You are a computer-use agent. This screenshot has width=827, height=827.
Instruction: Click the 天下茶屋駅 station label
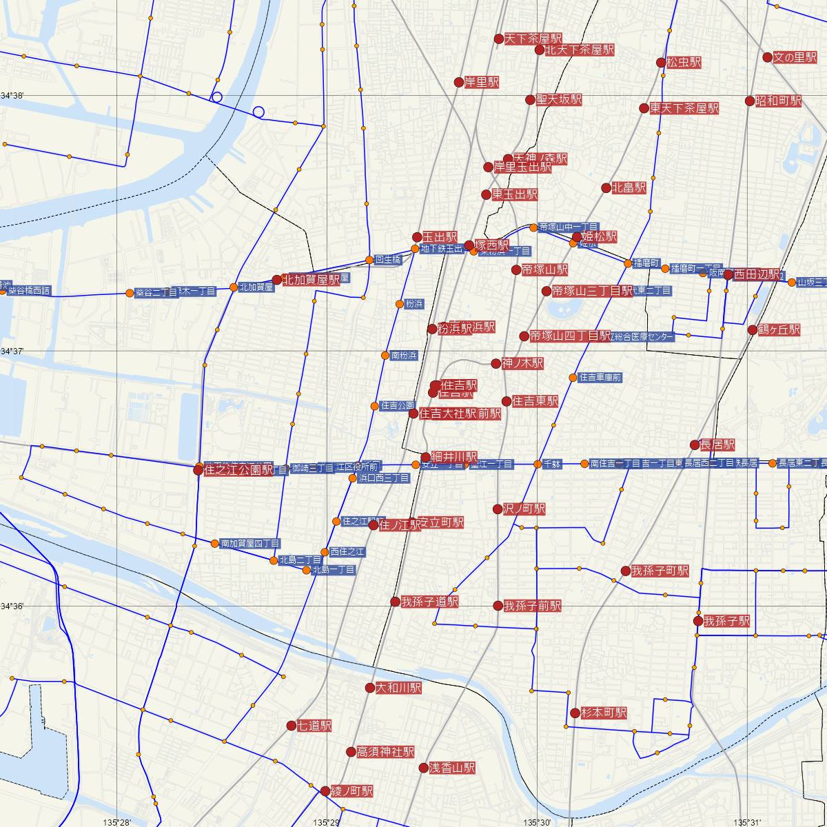(x=533, y=39)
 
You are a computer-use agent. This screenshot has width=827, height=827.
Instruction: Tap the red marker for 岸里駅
(x=459, y=83)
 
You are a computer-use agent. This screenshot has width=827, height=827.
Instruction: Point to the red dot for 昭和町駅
(x=750, y=101)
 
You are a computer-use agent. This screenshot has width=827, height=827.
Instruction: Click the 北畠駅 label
(x=629, y=187)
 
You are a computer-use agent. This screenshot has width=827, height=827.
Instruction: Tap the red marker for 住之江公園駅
(x=198, y=471)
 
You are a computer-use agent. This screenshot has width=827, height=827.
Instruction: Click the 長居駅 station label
(x=717, y=445)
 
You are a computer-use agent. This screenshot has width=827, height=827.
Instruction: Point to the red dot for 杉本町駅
(x=575, y=713)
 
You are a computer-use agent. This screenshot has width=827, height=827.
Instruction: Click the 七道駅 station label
(x=314, y=726)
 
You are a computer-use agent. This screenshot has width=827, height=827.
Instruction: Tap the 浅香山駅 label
(x=452, y=767)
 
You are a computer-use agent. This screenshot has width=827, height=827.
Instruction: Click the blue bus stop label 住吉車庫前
(x=601, y=378)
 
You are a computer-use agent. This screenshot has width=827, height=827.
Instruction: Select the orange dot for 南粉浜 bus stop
(x=385, y=356)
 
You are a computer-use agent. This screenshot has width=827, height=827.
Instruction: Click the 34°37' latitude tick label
(x=12, y=351)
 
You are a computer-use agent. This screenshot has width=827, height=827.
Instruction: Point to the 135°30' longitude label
(x=538, y=821)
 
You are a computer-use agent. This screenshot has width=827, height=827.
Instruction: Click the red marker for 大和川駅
(x=370, y=688)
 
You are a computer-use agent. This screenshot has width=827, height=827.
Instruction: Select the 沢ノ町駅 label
(x=524, y=509)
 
